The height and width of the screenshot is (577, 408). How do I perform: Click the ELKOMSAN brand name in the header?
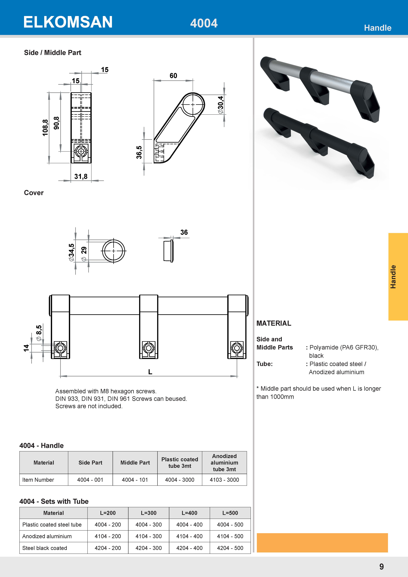[68, 22]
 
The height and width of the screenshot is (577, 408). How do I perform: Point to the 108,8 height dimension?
[45, 128]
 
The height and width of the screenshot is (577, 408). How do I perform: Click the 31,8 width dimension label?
[81, 176]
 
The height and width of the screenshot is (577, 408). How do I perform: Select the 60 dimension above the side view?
[173, 76]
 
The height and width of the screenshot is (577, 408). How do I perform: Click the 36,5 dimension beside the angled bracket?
[139, 152]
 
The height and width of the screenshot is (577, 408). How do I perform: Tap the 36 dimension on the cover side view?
[184, 232]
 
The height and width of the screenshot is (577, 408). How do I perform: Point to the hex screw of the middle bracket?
[149, 348]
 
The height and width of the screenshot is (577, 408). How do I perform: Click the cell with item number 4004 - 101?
[135, 480]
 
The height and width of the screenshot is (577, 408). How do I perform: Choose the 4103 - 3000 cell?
[224, 480]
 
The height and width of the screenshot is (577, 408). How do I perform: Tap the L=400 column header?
[189, 513]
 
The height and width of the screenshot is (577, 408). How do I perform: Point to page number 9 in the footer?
[381, 567]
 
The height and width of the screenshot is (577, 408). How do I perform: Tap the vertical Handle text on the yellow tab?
[393, 277]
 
